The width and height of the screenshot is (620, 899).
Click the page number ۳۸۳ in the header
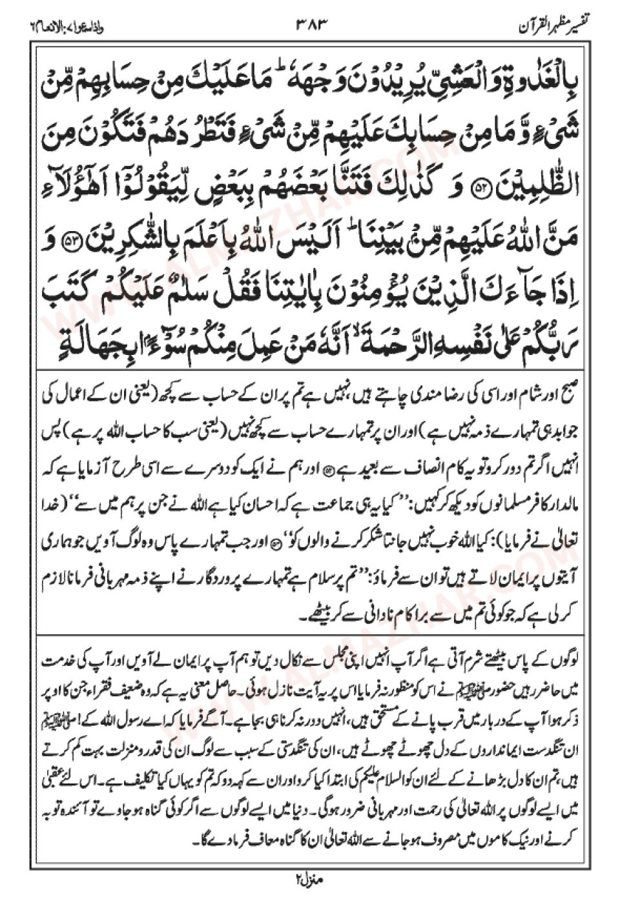[311, 27]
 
